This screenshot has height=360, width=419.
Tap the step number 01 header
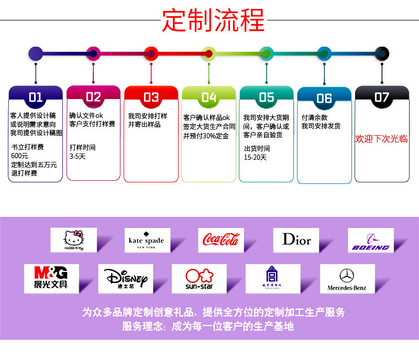[36, 97]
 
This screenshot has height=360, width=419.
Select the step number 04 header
[208, 97]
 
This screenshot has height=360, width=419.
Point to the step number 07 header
[381, 97]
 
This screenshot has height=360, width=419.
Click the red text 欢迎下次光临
[381, 139]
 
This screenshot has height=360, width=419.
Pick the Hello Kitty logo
[74, 240]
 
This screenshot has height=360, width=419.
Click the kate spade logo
[146, 241]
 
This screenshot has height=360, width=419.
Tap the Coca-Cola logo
[221, 240]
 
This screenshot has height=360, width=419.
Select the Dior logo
[296, 240]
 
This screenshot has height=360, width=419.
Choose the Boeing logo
[370, 241]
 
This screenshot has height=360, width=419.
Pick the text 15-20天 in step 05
[255, 157]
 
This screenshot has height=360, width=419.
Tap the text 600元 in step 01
[19, 156]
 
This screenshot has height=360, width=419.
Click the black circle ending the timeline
[382, 53]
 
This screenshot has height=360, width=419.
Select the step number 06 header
[324, 98]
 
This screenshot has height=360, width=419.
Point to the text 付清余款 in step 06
[315, 117]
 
